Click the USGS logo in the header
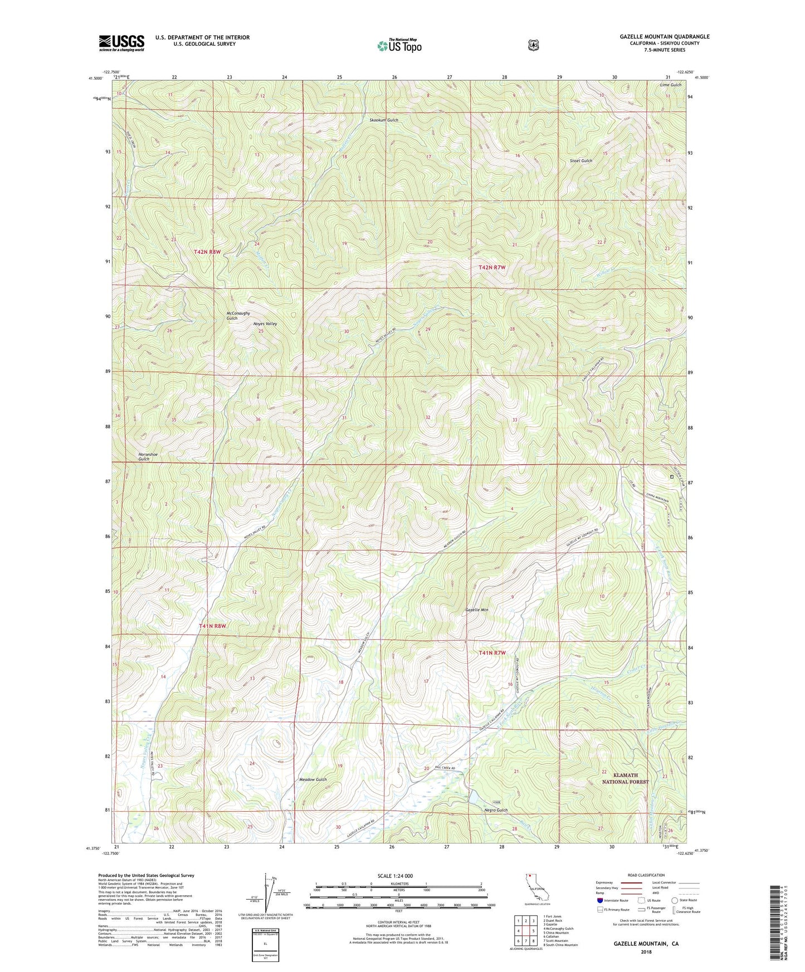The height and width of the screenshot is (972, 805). (x=121, y=43)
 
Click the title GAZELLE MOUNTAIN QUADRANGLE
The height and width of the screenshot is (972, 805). (x=664, y=37)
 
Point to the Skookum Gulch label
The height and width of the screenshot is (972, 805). (x=384, y=120)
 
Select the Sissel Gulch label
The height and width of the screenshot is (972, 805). (x=580, y=160)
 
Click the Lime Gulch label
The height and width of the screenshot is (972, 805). (x=670, y=85)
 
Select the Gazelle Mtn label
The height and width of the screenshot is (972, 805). (x=476, y=610)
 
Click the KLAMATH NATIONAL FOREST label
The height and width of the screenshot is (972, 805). (x=625, y=778)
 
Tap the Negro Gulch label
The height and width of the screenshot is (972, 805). (x=496, y=810)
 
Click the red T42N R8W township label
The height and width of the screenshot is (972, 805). (x=207, y=252)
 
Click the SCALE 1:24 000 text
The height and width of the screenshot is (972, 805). (x=395, y=876)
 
